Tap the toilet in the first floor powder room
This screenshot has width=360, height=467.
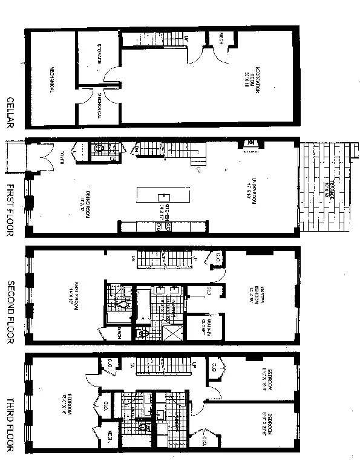(x=100, y=148)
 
